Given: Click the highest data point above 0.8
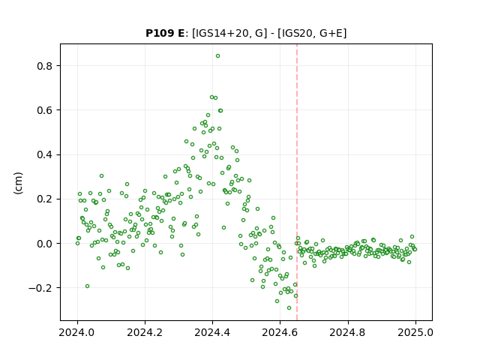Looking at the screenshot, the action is [217, 56].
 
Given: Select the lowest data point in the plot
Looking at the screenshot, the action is [289, 308].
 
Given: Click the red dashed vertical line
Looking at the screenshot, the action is [297, 182].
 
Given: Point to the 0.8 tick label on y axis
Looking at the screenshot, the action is [44, 66].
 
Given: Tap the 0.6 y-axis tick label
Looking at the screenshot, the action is [44, 110].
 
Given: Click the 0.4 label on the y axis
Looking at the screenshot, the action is [44, 154].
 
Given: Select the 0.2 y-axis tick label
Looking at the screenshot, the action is [44, 199].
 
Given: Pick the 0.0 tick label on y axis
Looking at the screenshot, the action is [44, 244].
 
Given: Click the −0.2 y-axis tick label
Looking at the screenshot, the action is [40, 288].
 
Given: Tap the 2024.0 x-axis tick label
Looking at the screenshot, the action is [77, 332].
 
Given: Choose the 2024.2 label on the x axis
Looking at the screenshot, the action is [145, 332].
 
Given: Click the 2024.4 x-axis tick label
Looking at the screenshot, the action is [212, 332].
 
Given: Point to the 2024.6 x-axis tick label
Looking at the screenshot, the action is [280, 332].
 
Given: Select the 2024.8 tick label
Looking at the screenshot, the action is [347, 332].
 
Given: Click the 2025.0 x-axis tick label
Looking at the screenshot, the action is [415, 332].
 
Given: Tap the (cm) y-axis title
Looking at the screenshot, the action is [18, 183].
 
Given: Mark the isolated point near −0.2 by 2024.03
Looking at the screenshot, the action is [87, 286].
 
